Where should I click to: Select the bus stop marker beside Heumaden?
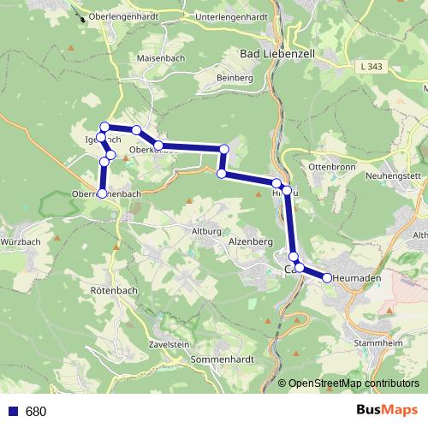327,277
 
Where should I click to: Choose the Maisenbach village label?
160,58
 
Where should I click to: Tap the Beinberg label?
235,78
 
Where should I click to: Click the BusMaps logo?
386,411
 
